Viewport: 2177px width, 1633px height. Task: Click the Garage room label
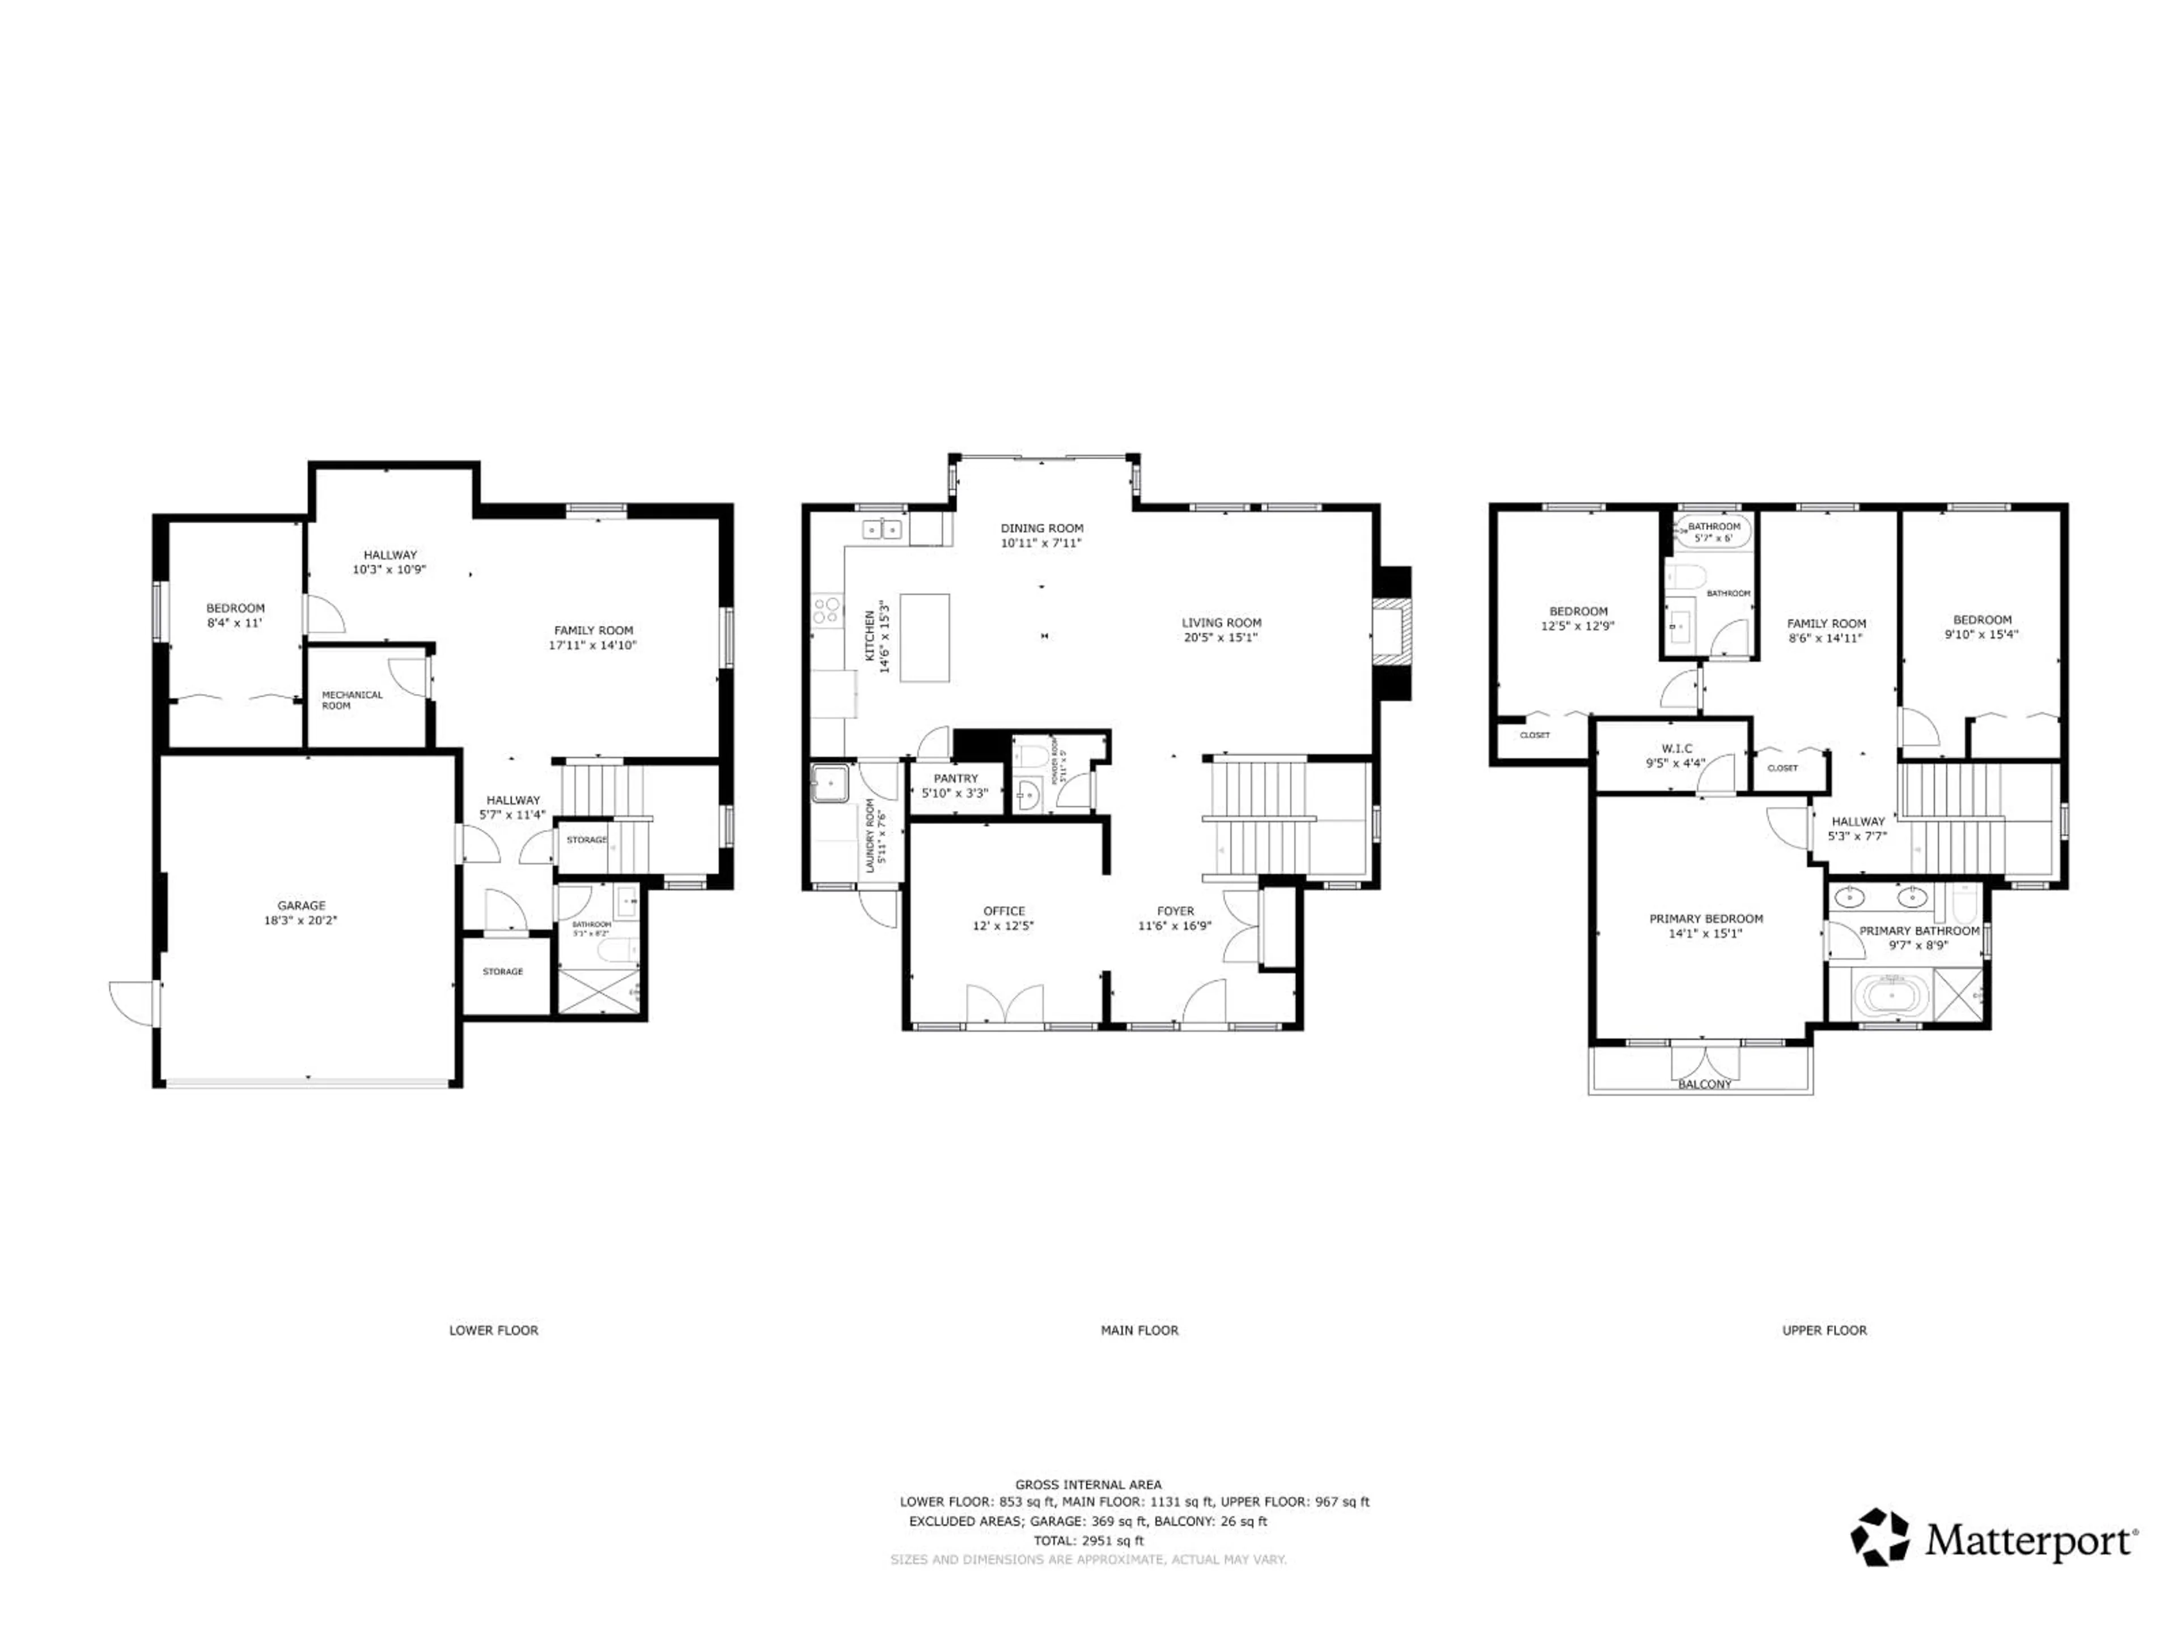[301, 906]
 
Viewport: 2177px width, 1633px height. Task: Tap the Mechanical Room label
[351, 700]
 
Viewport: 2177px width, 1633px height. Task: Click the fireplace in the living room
[1392, 633]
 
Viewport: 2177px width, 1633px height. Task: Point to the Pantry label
[956, 779]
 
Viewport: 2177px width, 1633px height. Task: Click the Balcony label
[1705, 1084]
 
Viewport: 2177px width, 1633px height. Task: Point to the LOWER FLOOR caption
[493, 1330]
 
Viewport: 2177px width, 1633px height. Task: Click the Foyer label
[1175, 912]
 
